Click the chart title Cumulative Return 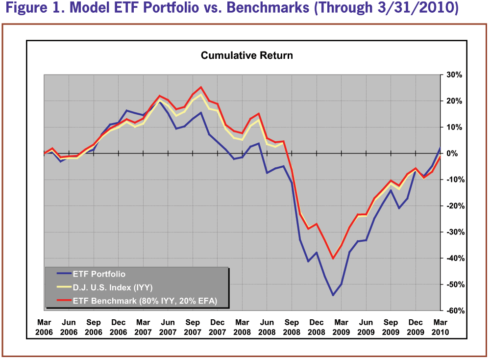point(246,55)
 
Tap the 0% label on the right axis point(454,154)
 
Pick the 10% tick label point(454,128)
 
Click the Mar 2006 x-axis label point(44,327)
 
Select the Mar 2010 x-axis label point(440,327)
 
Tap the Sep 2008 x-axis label point(292,327)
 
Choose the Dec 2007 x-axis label point(218,327)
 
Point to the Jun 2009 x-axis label point(366,327)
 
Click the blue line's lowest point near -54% point(333,295)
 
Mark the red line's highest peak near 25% point(201,87)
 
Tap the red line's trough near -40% point(333,258)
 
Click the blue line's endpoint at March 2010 point(440,148)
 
